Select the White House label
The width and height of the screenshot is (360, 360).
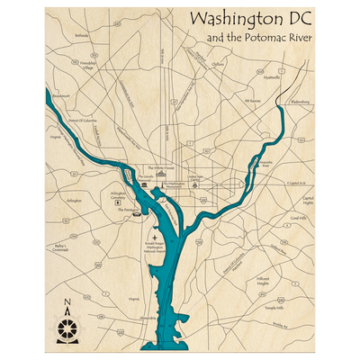click(163, 167)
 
